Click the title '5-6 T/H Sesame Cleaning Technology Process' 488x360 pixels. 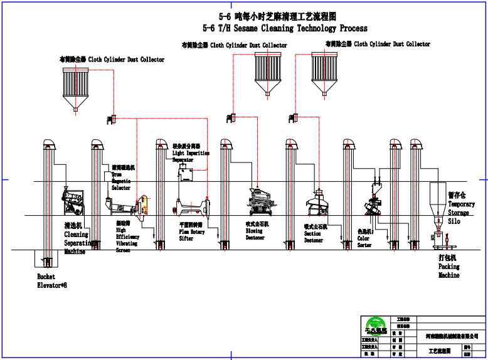click(x=285, y=28)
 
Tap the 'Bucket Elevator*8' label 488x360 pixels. click(x=51, y=281)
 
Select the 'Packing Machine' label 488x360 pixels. click(x=448, y=267)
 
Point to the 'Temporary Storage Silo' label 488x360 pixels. click(x=461, y=208)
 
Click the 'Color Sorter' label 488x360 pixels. click(x=364, y=238)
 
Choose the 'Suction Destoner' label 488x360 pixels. click(x=314, y=233)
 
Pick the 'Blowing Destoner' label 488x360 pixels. click(x=255, y=231)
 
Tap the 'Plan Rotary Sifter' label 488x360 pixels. click(x=192, y=231)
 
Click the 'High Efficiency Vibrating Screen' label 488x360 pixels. click(x=127, y=236)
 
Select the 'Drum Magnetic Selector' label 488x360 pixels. click(x=121, y=178)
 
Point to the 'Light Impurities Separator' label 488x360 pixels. click(x=190, y=153)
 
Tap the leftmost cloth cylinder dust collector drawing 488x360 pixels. click(x=76, y=88)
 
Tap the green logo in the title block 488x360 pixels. click(x=377, y=326)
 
